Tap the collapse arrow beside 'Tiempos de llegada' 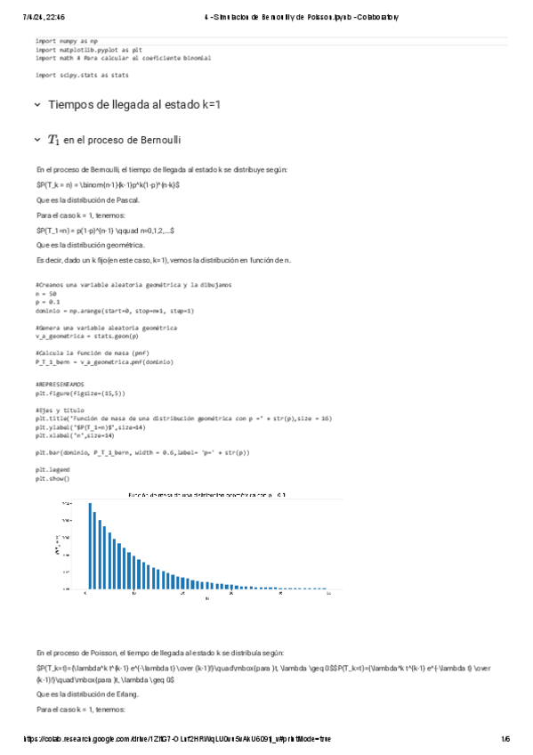(x=36, y=104)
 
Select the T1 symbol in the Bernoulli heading (x=53, y=140)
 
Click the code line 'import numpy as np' (x=67, y=41)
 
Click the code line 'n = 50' (x=46, y=292)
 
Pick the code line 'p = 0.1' (x=47, y=301)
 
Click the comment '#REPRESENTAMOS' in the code (x=60, y=383)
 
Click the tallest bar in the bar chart (x=90, y=545)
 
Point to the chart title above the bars (x=206, y=494)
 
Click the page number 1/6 (x=505, y=738)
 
